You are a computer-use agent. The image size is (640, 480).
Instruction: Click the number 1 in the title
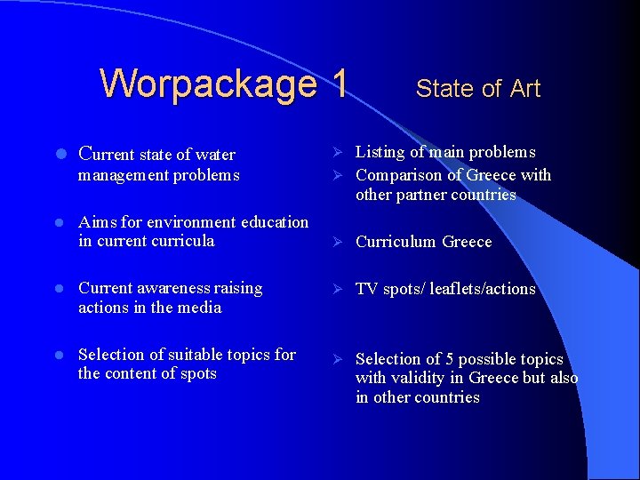(338, 84)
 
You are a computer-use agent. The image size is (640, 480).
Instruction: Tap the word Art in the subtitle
(525, 89)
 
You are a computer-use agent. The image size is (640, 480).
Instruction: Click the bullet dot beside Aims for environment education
(55, 222)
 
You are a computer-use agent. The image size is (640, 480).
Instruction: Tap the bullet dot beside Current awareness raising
(55, 289)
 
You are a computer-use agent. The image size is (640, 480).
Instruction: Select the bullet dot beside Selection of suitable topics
(55, 355)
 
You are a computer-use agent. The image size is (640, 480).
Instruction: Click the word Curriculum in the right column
(396, 242)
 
